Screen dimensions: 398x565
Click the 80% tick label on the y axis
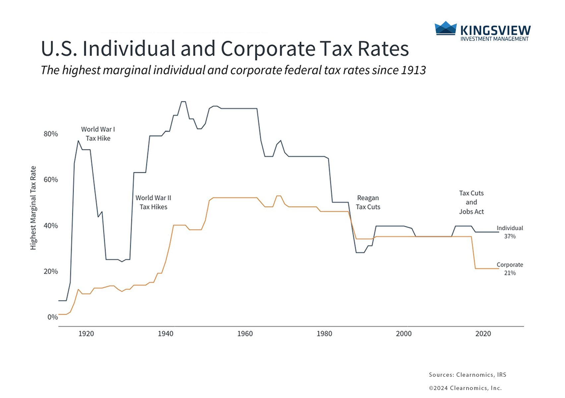pyautogui.click(x=51, y=134)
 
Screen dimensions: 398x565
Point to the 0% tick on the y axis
pyautogui.click(x=53, y=317)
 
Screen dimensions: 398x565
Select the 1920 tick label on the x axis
pyautogui.click(x=86, y=334)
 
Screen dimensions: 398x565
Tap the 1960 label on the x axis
pyautogui.click(x=245, y=334)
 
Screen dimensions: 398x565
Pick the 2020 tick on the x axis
pyautogui.click(x=483, y=334)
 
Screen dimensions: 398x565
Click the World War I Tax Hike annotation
pyautogui.click(x=98, y=134)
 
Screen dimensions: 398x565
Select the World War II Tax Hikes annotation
pyautogui.click(x=153, y=202)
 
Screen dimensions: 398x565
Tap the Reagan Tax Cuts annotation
pyautogui.click(x=368, y=202)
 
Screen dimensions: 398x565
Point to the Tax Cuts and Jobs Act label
pyautogui.click(x=471, y=202)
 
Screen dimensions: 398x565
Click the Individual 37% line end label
pyautogui.click(x=510, y=232)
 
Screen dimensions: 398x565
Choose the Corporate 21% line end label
pyautogui.click(x=510, y=269)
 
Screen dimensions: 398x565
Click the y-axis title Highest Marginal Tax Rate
pyautogui.click(x=33, y=208)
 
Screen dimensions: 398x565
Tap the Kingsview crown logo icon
pyautogui.click(x=446, y=28)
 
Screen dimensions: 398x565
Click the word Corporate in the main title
pyautogui.click(x=268, y=49)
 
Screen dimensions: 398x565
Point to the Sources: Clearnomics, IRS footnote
pyautogui.click(x=468, y=375)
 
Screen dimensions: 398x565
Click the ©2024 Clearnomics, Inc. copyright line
pyautogui.click(x=465, y=388)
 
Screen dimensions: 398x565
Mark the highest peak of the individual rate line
pyautogui.click(x=183, y=101)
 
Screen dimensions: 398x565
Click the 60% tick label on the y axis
pyautogui.click(x=51, y=180)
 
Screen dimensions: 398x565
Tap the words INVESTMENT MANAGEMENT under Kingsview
pyautogui.click(x=494, y=39)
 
